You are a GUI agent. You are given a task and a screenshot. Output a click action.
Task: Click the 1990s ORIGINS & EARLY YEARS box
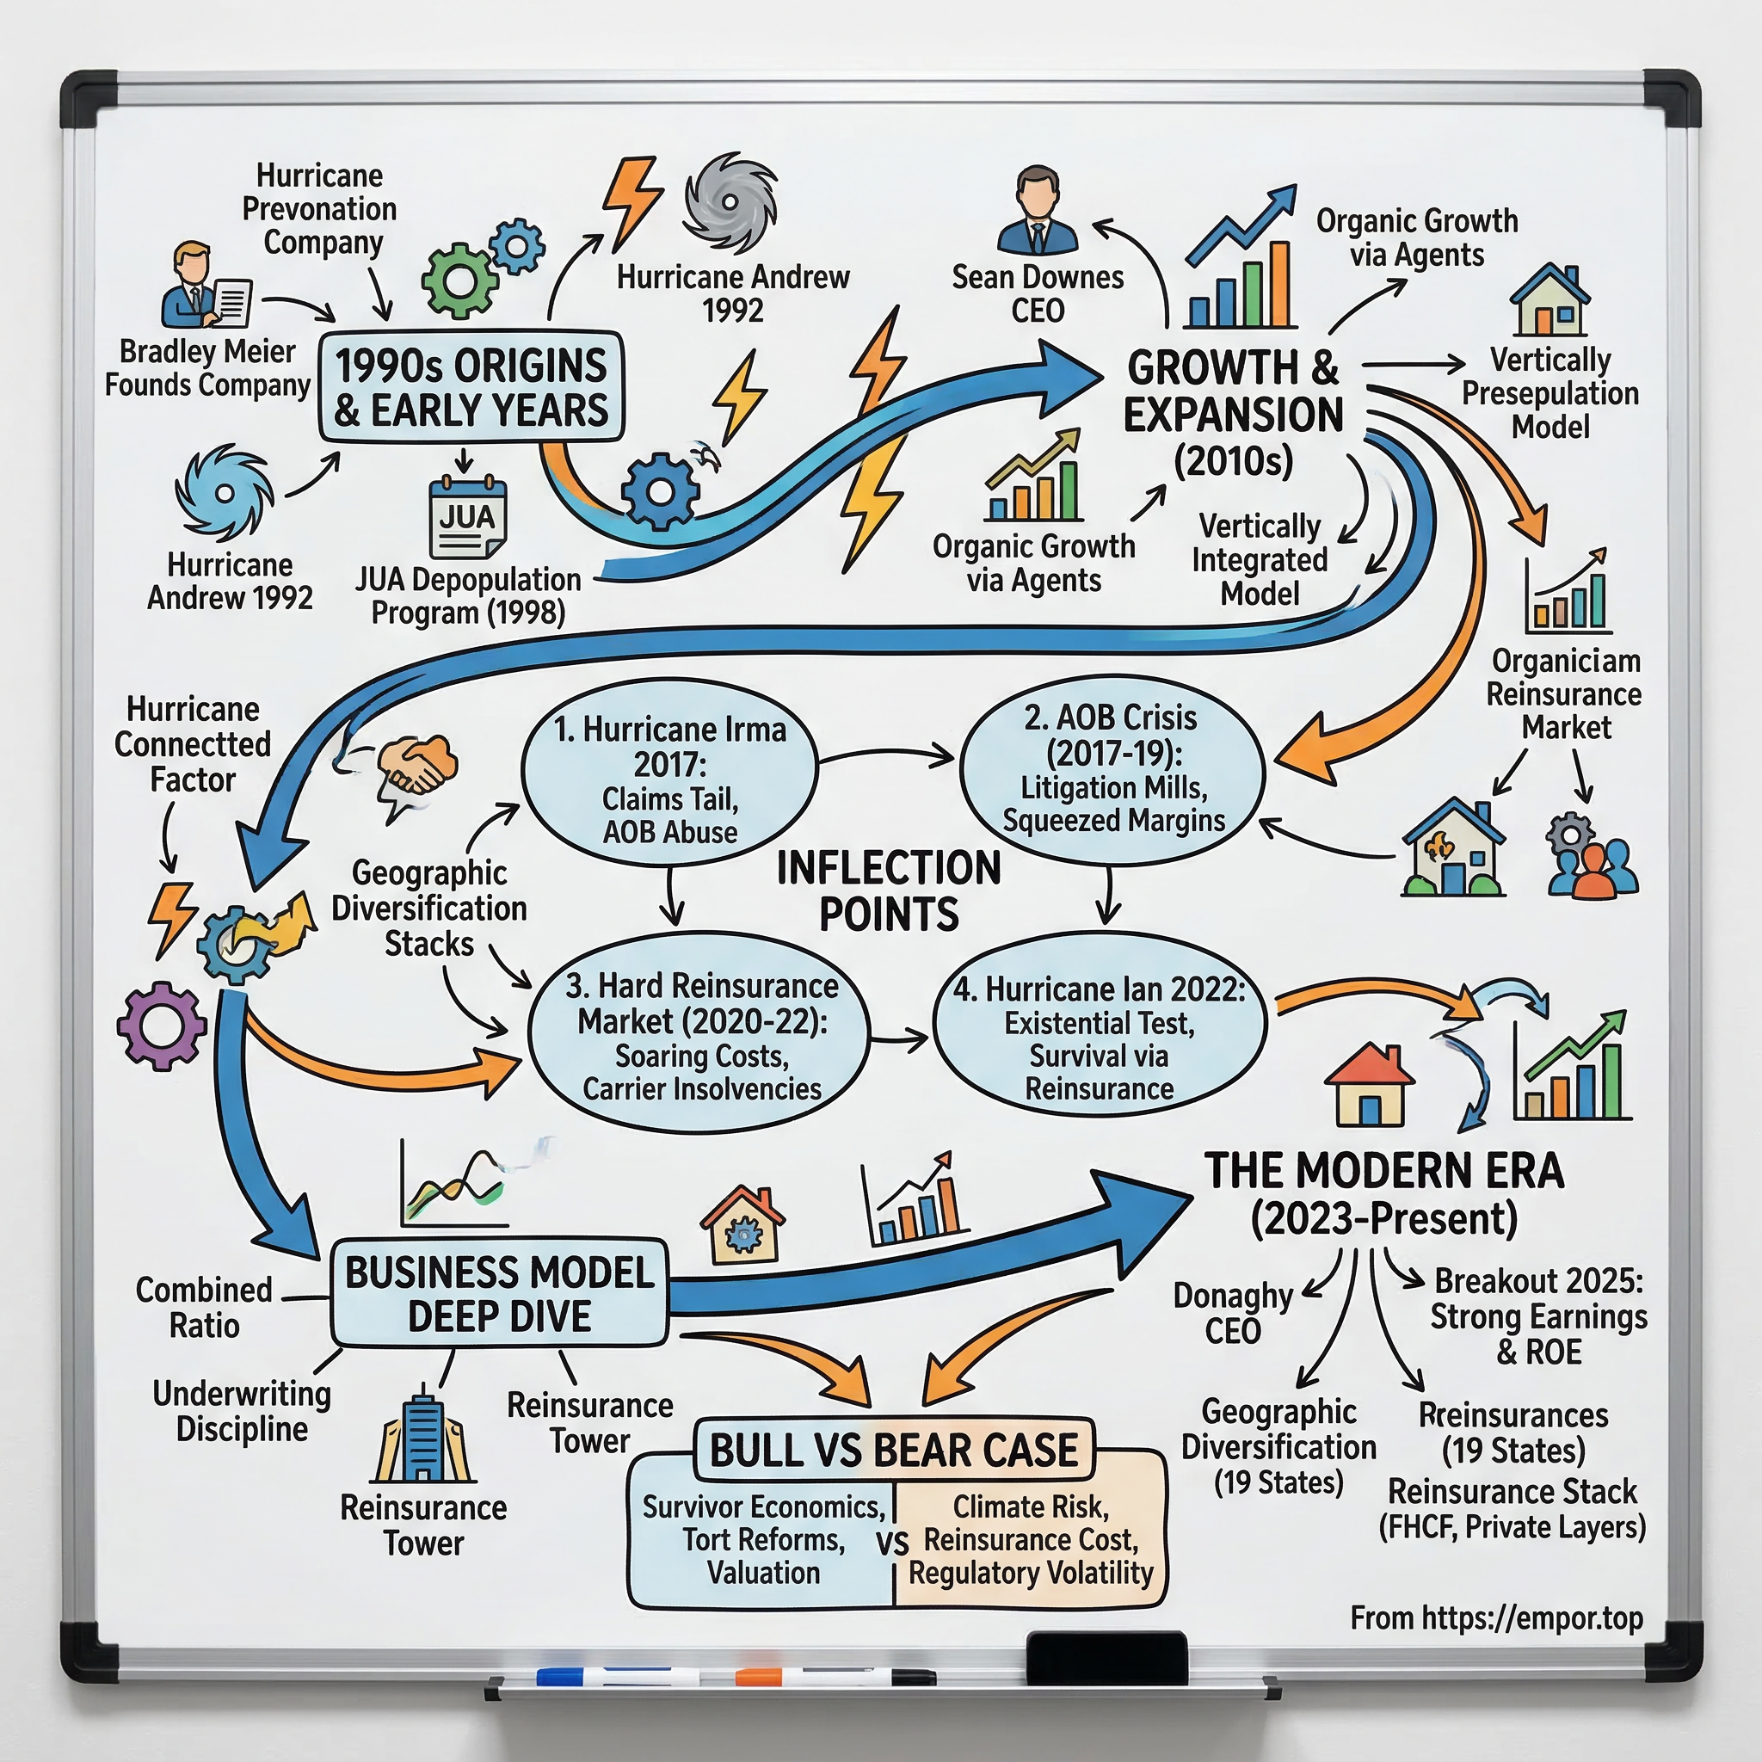471,386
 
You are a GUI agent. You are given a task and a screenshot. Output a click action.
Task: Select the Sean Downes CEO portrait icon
1038,212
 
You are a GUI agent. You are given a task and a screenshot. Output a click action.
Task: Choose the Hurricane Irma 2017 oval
670,773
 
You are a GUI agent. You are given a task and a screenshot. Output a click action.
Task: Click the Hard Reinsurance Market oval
700,1034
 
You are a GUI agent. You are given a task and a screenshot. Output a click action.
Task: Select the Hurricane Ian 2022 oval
1099,1034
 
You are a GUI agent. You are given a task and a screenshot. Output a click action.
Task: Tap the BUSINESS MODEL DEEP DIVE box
500,1293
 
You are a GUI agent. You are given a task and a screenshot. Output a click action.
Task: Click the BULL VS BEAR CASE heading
894,1449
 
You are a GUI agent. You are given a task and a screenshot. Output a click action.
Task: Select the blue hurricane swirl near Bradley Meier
225,492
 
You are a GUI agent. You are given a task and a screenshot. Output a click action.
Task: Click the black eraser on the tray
1106,1657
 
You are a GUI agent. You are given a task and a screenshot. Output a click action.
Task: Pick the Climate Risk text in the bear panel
1031,1506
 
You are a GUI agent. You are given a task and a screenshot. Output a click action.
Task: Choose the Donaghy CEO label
1232,1312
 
